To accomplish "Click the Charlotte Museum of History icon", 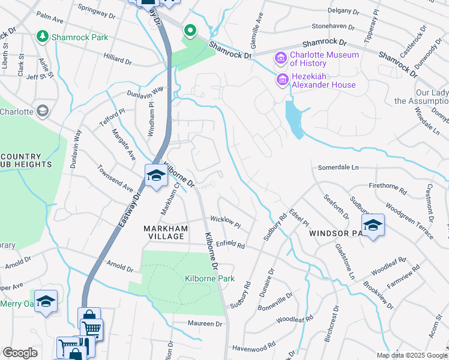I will (x=280, y=59).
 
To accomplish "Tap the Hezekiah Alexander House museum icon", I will (x=280, y=79).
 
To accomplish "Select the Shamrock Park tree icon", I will (x=43, y=37).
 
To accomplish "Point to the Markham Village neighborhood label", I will (x=165, y=232).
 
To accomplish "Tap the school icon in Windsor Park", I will (x=373, y=226).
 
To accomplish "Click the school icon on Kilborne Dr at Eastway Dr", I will (x=155, y=176).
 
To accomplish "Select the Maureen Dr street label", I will (x=206, y=324).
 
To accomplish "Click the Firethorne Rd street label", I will (x=388, y=187).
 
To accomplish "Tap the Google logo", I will (x=20, y=353).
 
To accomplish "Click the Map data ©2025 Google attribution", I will (x=411, y=355).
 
